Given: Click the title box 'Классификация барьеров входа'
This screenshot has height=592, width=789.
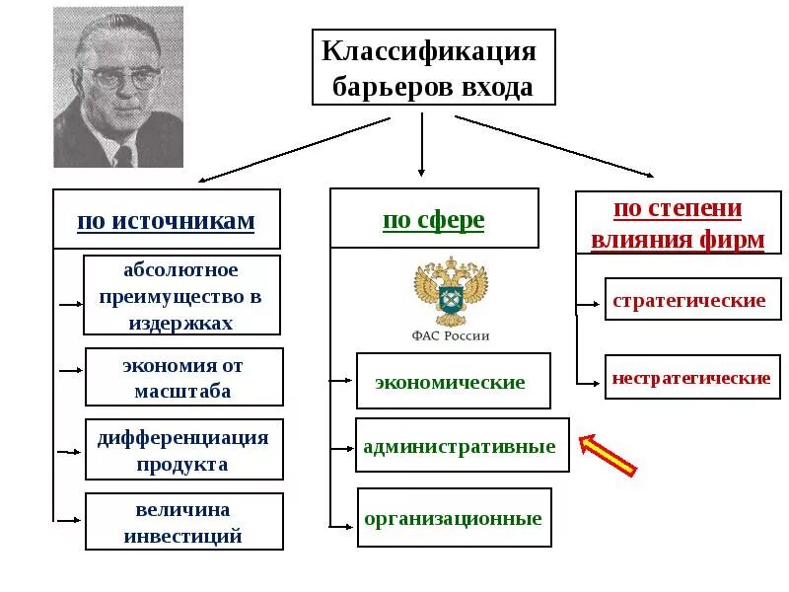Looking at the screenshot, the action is click(433, 68).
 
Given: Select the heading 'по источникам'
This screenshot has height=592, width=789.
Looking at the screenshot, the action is click(166, 220).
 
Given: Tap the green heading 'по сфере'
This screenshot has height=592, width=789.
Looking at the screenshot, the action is click(434, 218).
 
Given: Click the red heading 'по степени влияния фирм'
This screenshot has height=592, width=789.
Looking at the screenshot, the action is click(677, 224).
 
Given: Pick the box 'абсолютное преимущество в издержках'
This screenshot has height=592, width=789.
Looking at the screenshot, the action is click(181, 295).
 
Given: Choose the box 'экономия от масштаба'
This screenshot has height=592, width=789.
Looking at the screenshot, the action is click(183, 377).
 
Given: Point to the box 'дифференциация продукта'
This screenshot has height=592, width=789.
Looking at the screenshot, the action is click(183, 449).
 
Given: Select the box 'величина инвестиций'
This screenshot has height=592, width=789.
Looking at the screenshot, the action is click(183, 522).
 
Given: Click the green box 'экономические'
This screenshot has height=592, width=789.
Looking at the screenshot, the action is click(452, 381).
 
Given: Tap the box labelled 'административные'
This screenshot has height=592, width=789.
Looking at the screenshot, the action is click(461, 445).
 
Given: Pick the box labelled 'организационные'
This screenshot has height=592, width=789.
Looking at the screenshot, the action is click(454, 517).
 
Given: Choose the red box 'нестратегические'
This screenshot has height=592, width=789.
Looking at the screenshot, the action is click(691, 377).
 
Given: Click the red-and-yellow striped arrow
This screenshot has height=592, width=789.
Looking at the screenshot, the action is click(608, 455).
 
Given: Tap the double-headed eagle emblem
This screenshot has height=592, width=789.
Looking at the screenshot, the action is click(450, 292).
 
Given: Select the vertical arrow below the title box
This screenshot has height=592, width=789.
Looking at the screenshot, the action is click(422, 144).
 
